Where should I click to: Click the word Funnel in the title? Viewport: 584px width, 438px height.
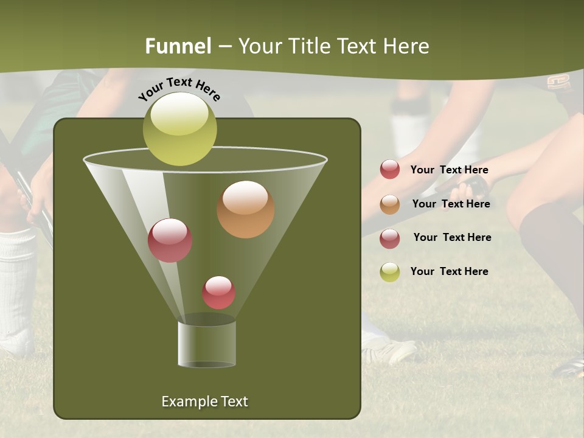[178, 46]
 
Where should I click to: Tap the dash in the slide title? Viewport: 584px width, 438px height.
[224, 47]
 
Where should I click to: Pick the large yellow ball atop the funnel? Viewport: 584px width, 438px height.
[179, 128]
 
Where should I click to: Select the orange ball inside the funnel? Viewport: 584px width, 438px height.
[245, 209]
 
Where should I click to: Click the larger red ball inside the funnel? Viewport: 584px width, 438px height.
[170, 240]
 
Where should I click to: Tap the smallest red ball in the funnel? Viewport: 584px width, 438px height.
[218, 293]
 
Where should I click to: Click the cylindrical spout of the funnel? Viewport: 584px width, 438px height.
[206, 343]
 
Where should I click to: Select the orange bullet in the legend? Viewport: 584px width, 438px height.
[390, 204]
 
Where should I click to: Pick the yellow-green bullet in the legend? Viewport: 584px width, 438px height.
[390, 272]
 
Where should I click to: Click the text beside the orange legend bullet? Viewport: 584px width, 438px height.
[451, 204]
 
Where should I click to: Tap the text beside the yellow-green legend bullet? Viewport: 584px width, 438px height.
[449, 271]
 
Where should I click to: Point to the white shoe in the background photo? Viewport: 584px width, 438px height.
[389, 349]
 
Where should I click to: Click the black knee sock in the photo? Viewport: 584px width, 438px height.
[551, 255]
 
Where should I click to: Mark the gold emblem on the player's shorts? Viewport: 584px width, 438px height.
[558, 82]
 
